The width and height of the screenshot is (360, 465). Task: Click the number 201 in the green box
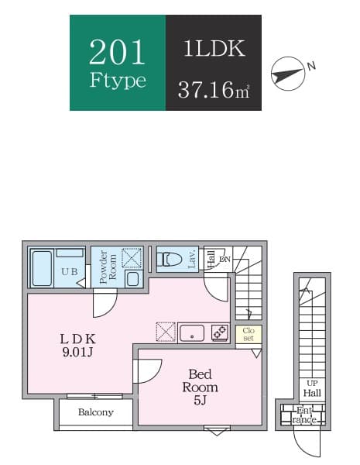coord(118,51)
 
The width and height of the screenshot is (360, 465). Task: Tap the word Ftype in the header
coord(118,81)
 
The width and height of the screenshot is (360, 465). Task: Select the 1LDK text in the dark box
coord(214,49)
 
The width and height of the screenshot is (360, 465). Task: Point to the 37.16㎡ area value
coord(214,88)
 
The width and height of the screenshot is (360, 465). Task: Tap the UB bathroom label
coord(67,271)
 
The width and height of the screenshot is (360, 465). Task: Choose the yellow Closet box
coord(249,334)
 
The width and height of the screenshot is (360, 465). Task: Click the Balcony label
coord(96,412)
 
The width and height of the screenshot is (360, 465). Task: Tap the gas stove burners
coord(219,332)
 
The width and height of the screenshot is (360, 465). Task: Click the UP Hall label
coord(312,387)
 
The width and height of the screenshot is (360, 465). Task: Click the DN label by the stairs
coord(225,259)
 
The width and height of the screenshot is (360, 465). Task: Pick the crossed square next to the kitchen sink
coord(166,332)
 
